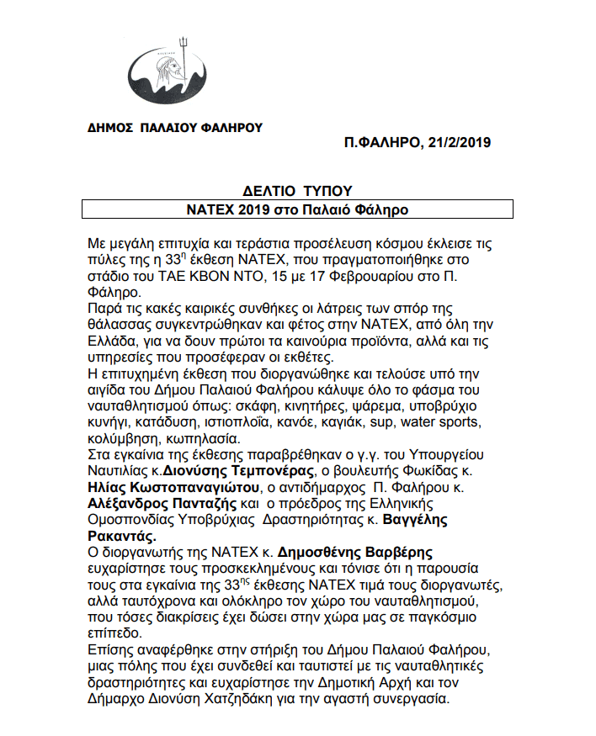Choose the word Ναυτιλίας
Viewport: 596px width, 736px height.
tap(116, 471)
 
